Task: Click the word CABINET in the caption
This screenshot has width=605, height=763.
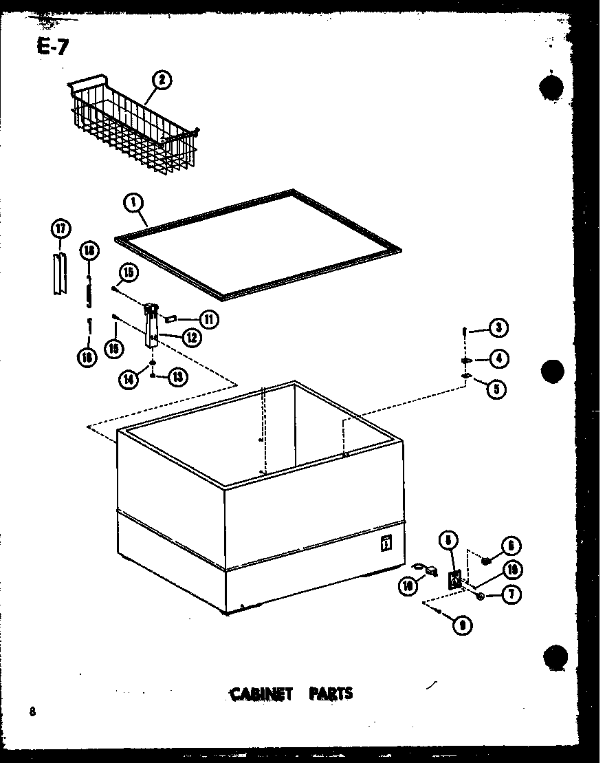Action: (x=260, y=693)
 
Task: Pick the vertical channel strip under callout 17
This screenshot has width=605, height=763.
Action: (x=60, y=273)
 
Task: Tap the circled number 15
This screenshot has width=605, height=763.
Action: (x=127, y=273)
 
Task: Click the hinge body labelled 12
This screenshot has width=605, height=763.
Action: (x=151, y=327)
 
